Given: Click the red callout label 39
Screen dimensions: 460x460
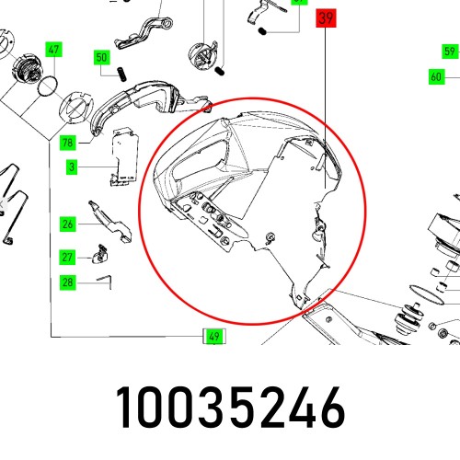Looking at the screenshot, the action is pos(326,18).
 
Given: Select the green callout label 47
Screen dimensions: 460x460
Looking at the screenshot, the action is pos(53,50).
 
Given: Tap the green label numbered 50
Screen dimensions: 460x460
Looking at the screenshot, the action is pos(101,57).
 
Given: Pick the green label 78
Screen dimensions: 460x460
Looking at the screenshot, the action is pos(68,143).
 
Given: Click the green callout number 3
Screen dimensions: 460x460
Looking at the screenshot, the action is pos(72,167).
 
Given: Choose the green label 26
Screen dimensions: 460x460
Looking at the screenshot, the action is pos(68,224).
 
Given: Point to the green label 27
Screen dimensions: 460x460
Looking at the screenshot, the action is pos(67,257).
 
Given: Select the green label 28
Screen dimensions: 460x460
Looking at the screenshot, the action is pos(67,282).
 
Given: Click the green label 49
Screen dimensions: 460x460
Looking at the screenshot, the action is pos(214,337).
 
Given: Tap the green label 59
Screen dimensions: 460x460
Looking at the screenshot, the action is pos(450,52).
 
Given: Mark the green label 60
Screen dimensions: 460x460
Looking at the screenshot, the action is pos(436,76).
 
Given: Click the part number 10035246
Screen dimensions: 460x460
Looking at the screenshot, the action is pos(230,408).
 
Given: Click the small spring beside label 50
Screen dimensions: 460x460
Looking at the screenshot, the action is pos(121,75).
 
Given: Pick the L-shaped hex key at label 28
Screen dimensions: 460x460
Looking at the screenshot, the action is pos(104,282).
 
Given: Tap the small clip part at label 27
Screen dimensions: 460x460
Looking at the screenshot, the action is pos(99,255).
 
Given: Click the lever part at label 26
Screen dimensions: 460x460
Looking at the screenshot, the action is pos(110,222).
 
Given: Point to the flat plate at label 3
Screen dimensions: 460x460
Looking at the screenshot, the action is pos(124,157).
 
